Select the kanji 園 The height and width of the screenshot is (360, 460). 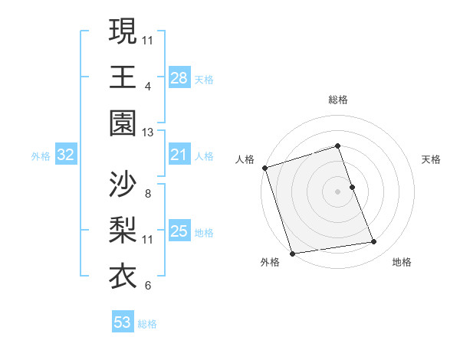pos(123,123)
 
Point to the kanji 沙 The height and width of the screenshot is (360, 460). pos(123,184)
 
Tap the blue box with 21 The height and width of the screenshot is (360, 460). pos(179,155)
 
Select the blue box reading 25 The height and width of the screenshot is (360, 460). pos(179,231)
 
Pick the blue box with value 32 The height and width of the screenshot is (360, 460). pos(65,155)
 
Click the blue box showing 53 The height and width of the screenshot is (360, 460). pos(123,322)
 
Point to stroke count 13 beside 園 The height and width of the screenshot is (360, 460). pos(147,133)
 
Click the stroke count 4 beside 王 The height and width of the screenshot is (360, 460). pos(147,86)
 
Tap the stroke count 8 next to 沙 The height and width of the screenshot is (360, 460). pos(147,194)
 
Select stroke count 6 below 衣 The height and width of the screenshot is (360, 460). pos(147,286)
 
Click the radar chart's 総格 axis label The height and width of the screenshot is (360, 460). pos(337,100)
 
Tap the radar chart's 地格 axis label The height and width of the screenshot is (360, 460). pos(402,262)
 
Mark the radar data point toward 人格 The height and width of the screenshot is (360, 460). pos(264,168)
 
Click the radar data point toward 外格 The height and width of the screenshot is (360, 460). pos(292,254)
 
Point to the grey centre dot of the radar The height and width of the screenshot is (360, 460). pos(337,191)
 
